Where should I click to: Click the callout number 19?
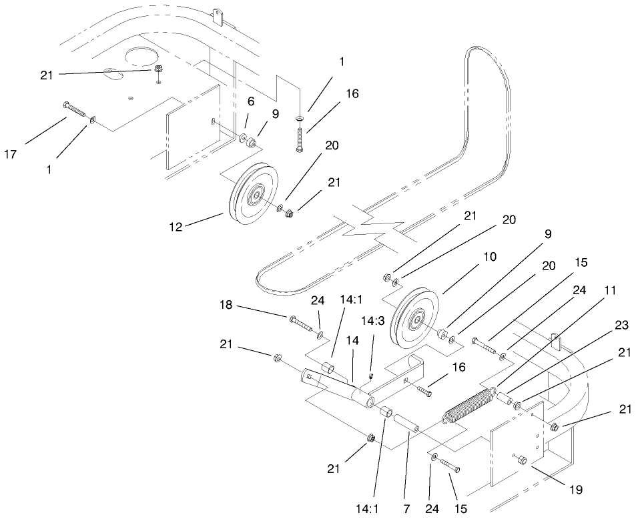tap(575, 490)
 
